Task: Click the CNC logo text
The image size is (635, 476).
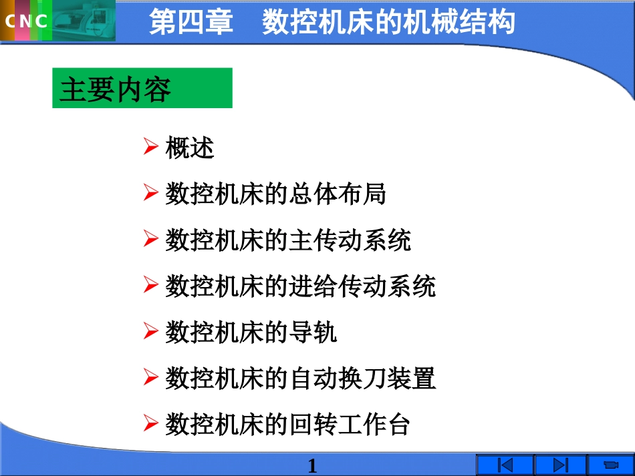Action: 27,21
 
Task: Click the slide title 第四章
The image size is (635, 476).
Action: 191,21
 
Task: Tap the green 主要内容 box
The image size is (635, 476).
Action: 142,88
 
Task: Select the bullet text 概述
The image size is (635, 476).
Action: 190,148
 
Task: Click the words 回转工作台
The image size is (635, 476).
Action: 350,424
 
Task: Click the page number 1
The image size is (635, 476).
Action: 312,465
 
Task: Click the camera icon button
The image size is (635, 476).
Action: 610,465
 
